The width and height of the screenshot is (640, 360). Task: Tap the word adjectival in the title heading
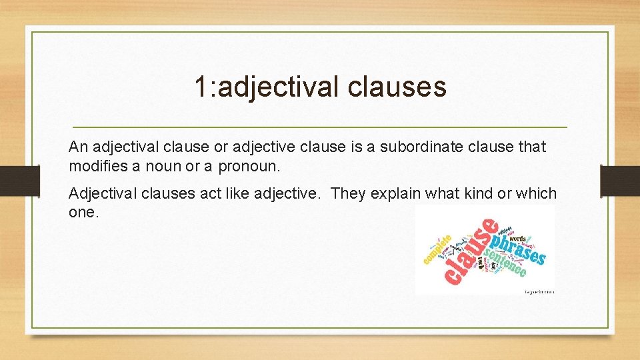point(276,87)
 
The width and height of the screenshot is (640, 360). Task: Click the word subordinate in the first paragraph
point(431,146)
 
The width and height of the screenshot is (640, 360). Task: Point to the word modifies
point(95,165)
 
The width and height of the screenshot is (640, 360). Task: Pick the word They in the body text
point(347,193)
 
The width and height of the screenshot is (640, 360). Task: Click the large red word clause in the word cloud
point(470,257)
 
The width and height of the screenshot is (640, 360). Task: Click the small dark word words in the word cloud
point(518,237)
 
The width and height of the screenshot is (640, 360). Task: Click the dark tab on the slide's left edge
point(12,180)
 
